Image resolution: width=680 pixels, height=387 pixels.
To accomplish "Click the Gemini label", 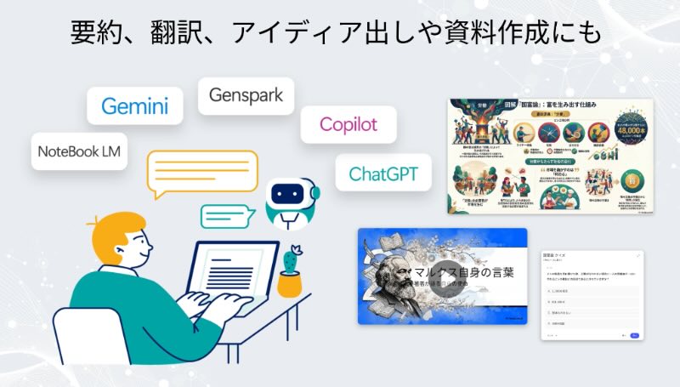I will coord(134,106).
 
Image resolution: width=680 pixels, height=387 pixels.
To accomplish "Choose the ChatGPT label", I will coord(384,174).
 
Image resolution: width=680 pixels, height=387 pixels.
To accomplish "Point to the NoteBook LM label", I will coord(79,152).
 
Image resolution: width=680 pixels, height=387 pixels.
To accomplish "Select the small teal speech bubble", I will coord(227,216).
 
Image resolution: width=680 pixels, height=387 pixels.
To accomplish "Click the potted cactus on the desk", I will coord(291,272).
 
